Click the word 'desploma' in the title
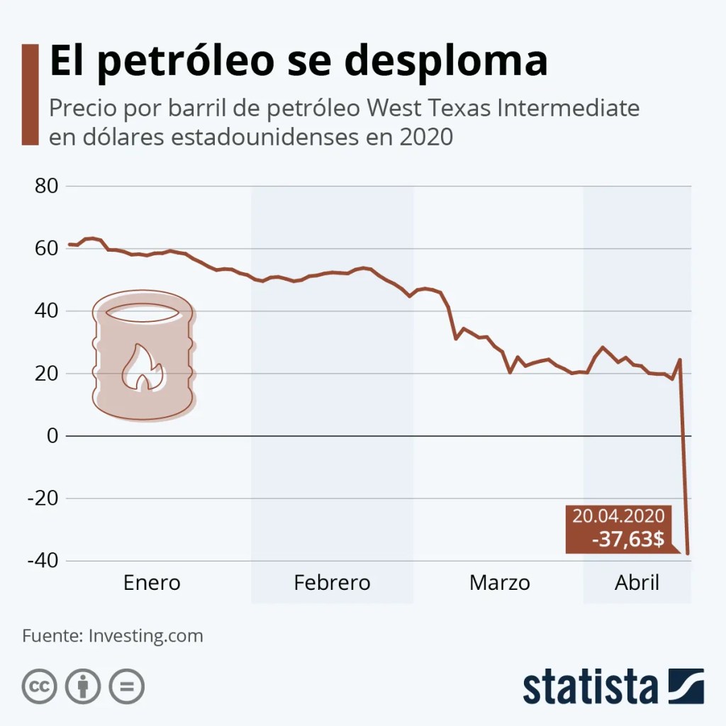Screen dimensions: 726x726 point(449,61)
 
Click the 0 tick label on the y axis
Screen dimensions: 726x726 point(52,436)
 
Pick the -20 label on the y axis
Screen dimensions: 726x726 point(42,498)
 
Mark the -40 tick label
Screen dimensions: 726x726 point(42,561)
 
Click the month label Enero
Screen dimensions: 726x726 point(152,583)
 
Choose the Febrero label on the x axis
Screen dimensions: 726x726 point(332,583)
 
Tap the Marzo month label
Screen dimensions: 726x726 point(499,583)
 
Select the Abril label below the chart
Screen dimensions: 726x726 point(637,583)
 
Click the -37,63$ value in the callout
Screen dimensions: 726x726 point(628,540)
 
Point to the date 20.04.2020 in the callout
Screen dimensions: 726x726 point(618,516)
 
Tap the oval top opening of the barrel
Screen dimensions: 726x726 point(142,312)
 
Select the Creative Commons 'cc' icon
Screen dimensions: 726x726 point(40,686)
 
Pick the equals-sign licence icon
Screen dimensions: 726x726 point(126,686)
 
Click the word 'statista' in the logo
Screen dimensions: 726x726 point(591,686)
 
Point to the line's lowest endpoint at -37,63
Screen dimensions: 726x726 point(688,554)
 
